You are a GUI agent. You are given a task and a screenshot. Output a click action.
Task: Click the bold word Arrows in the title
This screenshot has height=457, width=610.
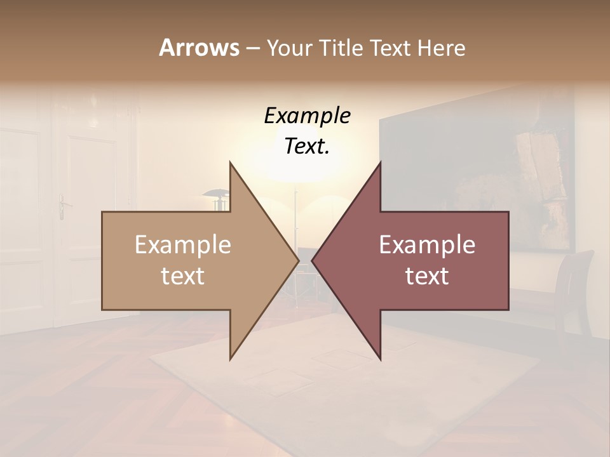pyautogui.click(x=199, y=48)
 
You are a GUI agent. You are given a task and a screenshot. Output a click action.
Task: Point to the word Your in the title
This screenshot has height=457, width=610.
pyautogui.click(x=288, y=48)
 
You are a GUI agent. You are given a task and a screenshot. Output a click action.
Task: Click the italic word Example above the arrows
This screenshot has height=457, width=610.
pyautogui.click(x=308, y=116)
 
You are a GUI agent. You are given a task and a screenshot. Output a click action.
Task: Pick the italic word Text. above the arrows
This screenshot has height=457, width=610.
pyautogui.click(x=308, y=147)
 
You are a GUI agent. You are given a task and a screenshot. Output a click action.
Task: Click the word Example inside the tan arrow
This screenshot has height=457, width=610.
pyautogui.click(x=183, y=244)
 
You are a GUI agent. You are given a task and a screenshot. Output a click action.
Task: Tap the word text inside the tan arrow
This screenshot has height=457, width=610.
pyautogui.click(x=183, y=275)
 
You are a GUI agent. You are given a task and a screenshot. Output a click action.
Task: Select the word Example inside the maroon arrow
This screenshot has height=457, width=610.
pyautogui.click(x=427, y=244)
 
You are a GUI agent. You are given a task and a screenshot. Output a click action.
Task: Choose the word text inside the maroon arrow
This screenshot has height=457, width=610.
pyautogui.click(x=427, y=275)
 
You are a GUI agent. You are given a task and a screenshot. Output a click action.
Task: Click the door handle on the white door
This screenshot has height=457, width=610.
pyautogui.click(x=63, y=205)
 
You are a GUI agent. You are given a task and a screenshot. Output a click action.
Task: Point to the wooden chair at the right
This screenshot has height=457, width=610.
pyautogui.click(x=575, y=286)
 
